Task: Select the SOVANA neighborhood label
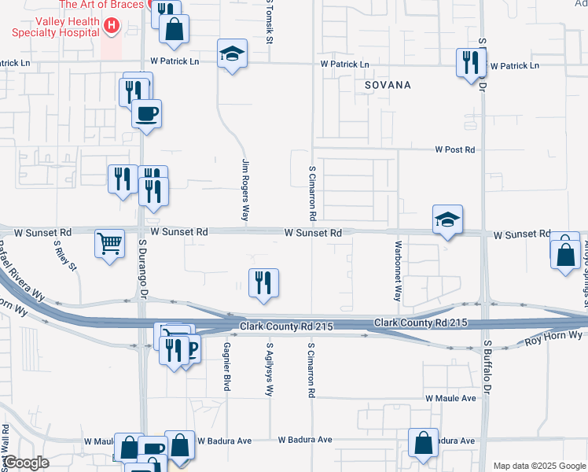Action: tap(388, 84)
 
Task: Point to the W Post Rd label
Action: tap(456, 149)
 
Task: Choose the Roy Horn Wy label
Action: tap(553, 337)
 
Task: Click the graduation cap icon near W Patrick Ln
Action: tap(231, 53)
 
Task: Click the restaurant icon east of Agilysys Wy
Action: tap(263, 283)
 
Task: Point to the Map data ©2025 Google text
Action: tap(538, 466)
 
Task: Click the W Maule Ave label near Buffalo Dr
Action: tap(451, 399)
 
